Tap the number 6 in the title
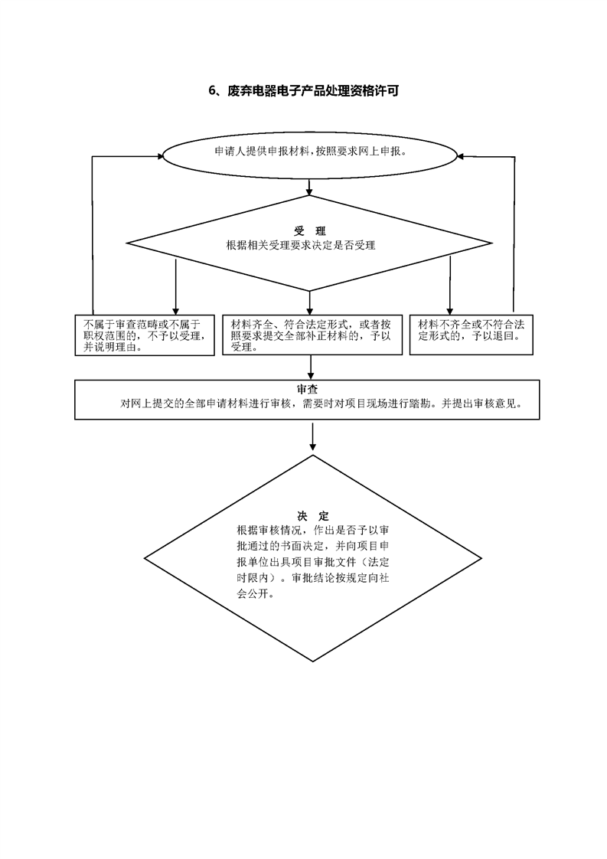[212, 91]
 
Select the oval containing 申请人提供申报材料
[309, 155]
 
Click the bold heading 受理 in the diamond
[309, 231]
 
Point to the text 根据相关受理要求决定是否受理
[301, 246]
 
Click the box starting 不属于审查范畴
[145, 335]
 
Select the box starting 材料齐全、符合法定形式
[312, 335]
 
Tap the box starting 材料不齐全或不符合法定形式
[472, 335]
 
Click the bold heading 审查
[308, 390]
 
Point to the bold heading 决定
[313, 516]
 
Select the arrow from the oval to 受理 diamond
[309, 188]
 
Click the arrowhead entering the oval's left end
[160, 156]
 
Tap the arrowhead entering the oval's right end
[462, 156]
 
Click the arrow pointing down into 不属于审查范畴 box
[176, 286]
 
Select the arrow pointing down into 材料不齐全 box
[450, 285]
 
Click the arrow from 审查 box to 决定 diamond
[313, 436]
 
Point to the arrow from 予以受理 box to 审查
[311, 367]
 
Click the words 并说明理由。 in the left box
[113, 348]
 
